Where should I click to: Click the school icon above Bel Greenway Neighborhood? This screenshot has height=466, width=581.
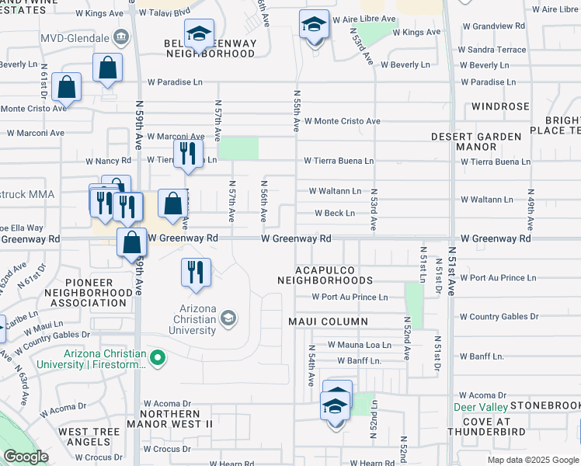200,34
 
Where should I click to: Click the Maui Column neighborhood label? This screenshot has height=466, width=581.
328,322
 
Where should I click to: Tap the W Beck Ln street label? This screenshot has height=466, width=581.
335,214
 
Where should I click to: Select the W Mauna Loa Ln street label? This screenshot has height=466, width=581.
359,345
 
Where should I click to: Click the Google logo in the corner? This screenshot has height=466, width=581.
26,457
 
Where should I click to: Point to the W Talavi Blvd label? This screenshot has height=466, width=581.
165,12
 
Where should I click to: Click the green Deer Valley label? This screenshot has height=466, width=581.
482,407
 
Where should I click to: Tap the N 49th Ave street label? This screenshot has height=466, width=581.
531,210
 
